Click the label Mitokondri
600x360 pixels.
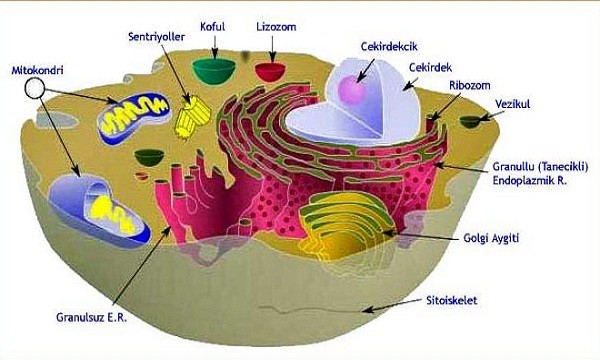(38, 70)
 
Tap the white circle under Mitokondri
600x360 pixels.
(35, 88)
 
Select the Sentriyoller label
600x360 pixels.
(157, 37)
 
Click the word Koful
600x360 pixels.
(213, 27)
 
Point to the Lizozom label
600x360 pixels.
(276, 27)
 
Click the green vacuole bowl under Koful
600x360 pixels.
(214, 71)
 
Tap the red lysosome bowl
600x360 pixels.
(271, 72)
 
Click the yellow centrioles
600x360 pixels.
(192, 116)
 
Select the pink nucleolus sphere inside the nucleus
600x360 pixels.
(353, 90)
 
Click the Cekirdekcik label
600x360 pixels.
(389, 46)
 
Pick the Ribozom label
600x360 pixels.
(470, 85)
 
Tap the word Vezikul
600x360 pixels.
(512, 104)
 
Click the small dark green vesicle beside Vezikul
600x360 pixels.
(470, 122)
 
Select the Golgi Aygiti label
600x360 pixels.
(491, 238)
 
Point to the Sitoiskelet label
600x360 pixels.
(452, 300)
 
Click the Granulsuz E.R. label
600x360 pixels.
(91, 317)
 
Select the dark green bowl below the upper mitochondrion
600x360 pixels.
(149, 157)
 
